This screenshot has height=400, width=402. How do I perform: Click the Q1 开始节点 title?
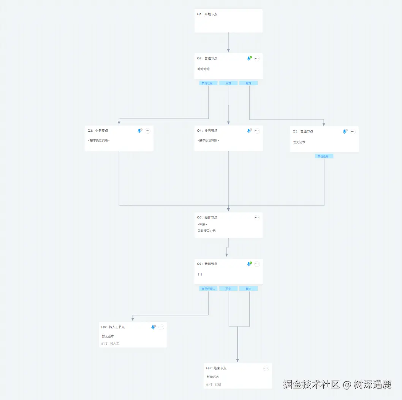[207, 14]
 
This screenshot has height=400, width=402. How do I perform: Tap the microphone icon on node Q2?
[249, 59]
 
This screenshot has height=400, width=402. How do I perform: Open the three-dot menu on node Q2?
[257, 59]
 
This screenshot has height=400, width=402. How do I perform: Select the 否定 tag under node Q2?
[228, 83]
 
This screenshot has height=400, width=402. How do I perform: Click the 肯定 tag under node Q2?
[248, 83]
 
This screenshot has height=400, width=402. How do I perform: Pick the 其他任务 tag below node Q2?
[208, 83]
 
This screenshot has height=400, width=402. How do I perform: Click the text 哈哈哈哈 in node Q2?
[204, 69]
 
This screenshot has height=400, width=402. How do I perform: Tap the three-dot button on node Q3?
[148, 131]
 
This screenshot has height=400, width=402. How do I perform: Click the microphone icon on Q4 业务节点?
[249, 131]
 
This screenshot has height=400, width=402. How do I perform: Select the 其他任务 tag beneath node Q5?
[324, 156]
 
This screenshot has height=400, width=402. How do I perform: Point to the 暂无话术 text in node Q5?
[299, 142]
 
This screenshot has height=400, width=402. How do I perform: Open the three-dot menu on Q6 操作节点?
[257, 217]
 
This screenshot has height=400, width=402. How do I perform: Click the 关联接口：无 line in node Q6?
[206, 231]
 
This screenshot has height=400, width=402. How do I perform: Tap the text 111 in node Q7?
[200, 274]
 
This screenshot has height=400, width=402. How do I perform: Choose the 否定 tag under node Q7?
[228, 288]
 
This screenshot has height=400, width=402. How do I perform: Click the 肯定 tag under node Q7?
[248, 288]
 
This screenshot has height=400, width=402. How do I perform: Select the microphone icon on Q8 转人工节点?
[153, 327]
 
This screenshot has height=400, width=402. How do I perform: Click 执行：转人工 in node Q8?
[110, 343]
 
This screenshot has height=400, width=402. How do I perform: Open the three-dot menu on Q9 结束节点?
[266, 368]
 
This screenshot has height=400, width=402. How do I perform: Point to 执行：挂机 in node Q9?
[214, 384]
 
